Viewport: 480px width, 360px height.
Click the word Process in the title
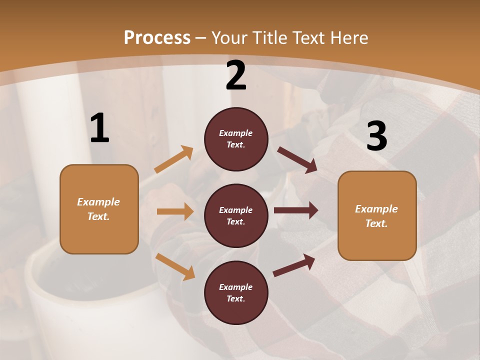click(157, 37)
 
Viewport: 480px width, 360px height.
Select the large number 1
click(99, 128)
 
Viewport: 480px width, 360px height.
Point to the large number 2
click(236, 75)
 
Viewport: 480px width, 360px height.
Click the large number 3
click(376, 136)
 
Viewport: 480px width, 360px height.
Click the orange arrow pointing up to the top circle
click(173, 159)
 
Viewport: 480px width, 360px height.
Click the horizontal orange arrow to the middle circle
click(175, 211)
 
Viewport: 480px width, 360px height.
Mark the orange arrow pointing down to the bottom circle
click(175, 266)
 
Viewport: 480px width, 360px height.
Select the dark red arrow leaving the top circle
click(297, 160)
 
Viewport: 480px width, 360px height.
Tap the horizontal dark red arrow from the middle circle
click(296, 210)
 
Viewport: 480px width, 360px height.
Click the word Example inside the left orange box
click(98, 202)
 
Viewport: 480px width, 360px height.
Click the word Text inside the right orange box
click(376, 223)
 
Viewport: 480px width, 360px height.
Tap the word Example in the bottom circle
click(236, 287)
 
